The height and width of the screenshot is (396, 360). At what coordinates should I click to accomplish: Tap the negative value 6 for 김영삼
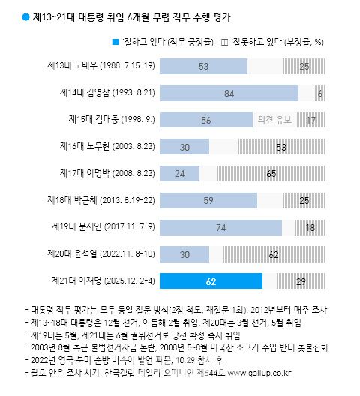320,93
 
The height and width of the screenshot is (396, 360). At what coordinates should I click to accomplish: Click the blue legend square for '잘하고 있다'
115,40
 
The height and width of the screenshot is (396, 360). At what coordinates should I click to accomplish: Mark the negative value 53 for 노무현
280,146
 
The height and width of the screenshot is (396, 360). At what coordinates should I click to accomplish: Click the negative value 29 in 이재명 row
300,280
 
